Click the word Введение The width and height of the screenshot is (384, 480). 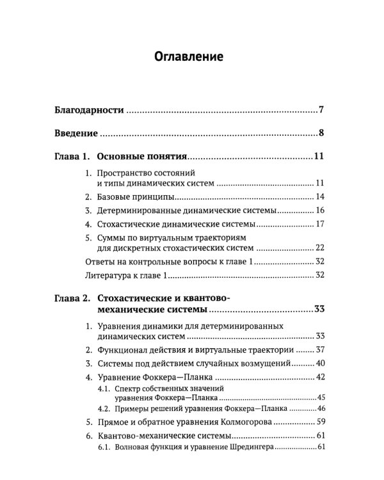(76, 134)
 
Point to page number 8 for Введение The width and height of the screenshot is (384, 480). (322, 134)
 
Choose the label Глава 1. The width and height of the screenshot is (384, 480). (71, 157)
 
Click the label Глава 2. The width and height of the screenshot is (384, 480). (71, 298)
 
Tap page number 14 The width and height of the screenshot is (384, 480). (321, 196)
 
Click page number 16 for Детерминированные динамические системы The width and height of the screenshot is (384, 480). (321, 210)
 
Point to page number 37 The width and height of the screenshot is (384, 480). (321, 350)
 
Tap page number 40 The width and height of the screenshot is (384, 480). (321, 363)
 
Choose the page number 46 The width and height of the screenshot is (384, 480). (322, 408)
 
